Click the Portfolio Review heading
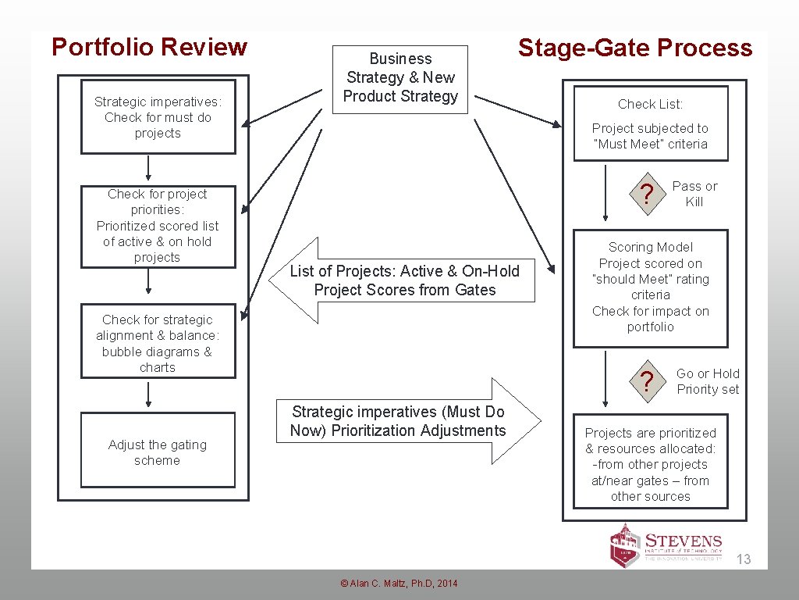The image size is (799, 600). tap(149, 48)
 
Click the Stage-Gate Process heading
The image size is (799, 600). tap(635, 48)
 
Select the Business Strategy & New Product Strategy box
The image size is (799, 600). tap(400, 78)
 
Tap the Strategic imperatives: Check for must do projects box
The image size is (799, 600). tap(158, 117)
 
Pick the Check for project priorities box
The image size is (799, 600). tap(158, 226)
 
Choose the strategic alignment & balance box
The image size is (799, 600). tap(158, 342)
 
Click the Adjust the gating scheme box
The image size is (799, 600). tap(158, 451)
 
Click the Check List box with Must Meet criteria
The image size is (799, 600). tap(651, 123)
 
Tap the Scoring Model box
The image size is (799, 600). tap(651, 287)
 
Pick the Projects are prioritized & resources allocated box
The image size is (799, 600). tap(651, 464)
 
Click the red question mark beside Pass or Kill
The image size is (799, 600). tap(645, 195)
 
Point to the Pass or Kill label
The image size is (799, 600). tap(694, 194)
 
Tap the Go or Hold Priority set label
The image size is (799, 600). tap(708, 381)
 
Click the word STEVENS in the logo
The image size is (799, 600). tap(684, 541)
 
